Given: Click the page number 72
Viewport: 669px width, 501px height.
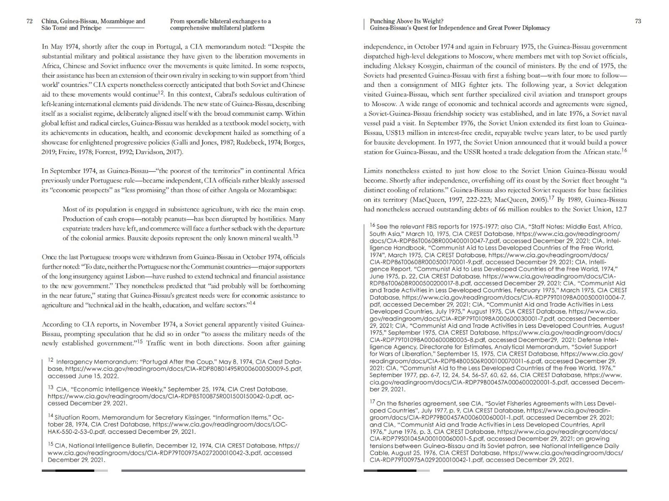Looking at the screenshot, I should pyautogui.click(x=29, y=21).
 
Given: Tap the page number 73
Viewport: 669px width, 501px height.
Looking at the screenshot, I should pyautogui.click(x=638, y=21).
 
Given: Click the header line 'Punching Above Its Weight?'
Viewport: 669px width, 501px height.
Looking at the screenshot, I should pyautogui.click(x=406, y=21).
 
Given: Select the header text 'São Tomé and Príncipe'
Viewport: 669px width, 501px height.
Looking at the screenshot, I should pyautogui.click(x=71, y=28).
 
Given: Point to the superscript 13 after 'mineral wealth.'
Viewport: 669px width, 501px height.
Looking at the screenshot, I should pyautogui.click(x=295, y=236).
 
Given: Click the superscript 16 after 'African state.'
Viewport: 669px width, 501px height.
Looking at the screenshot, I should pyautogui.click(x=624, y=150).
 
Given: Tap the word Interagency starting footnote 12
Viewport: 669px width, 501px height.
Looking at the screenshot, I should pyautogui.click(x=76, y=362).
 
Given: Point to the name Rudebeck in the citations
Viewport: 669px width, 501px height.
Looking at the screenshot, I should pyautogui.click(x=240, y=143).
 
